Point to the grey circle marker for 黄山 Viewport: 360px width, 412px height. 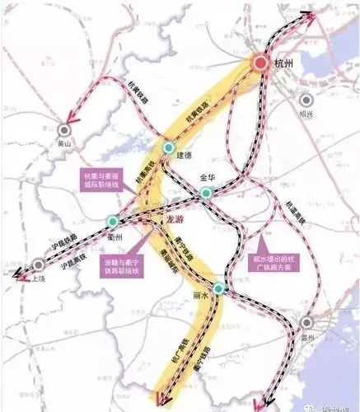point(65,129)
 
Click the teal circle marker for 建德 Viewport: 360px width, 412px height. point(168,149)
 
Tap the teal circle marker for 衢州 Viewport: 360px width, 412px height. point(113,221)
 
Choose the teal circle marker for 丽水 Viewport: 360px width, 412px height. point(218,288)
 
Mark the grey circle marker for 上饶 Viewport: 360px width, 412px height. point(38,265)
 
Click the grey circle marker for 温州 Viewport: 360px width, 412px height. point(306,323)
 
